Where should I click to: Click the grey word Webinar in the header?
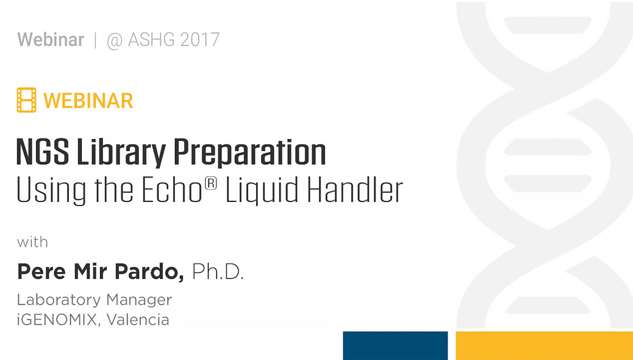51,40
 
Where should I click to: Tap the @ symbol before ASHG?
115,41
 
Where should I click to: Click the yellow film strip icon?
26,100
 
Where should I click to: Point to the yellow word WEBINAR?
88,100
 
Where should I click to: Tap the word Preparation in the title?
249,154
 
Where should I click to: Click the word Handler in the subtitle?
355,190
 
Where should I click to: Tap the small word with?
32,242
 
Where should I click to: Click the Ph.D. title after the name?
218,272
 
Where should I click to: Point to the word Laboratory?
59,300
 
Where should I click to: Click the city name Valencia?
138,319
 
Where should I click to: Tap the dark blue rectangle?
395,345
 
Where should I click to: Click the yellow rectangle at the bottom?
544,345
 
